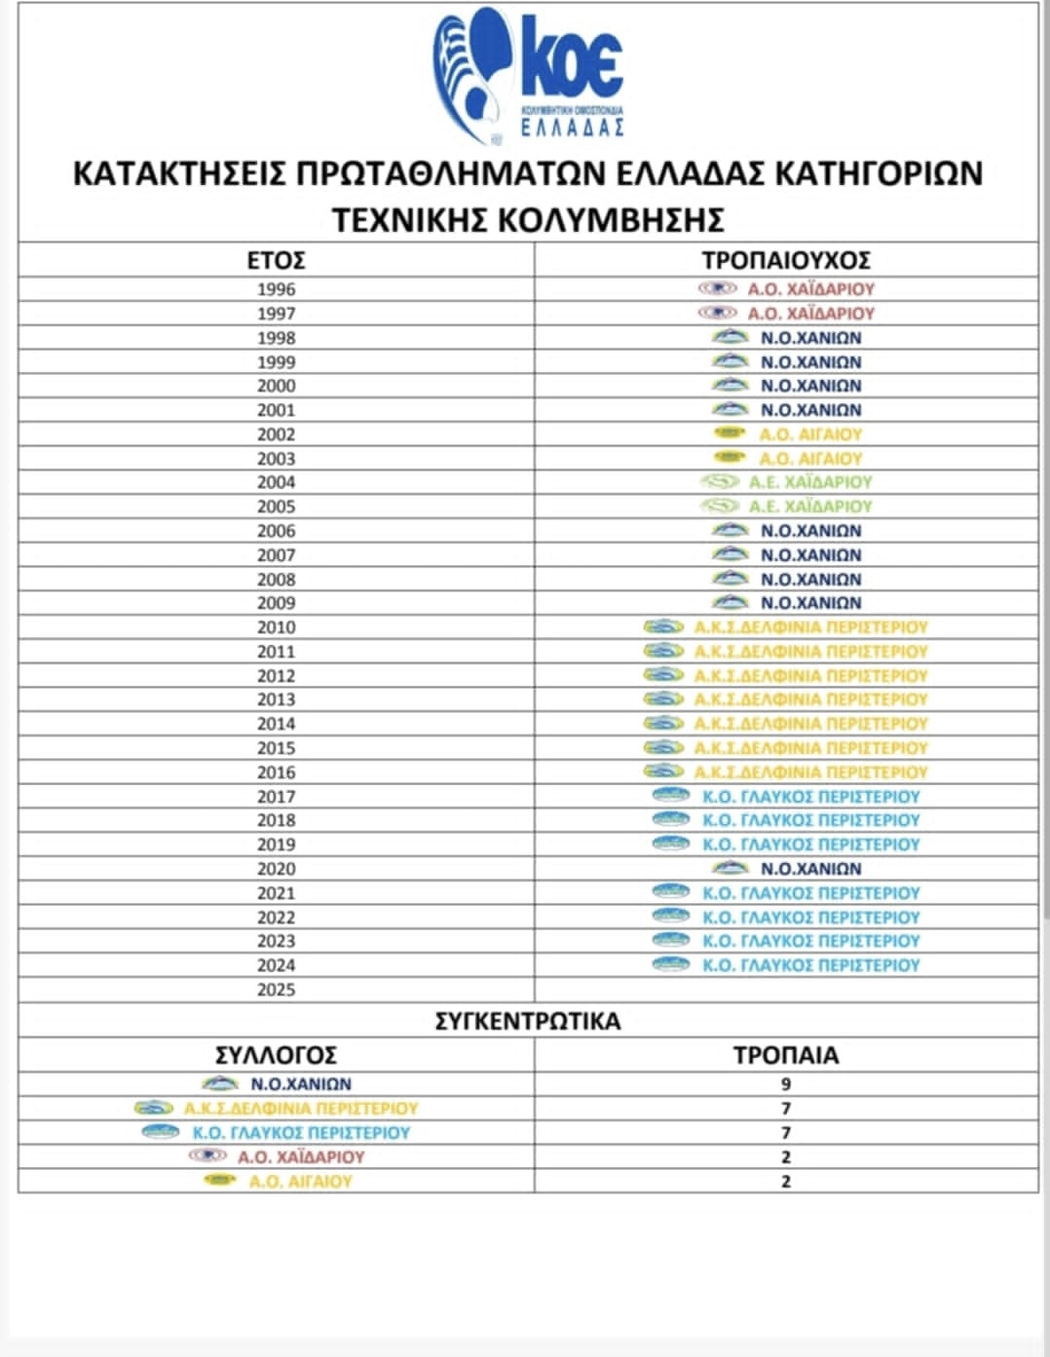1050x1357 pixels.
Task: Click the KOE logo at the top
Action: tap(529, 74)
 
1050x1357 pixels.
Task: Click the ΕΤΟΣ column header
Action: tap(276, 260)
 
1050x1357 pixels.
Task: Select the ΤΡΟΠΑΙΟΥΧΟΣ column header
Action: tap(786, 260)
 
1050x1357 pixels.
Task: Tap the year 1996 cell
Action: tap(276, 289)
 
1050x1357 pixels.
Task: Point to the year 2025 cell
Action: tap(276, 990)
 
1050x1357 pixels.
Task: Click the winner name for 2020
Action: tap(810, 869)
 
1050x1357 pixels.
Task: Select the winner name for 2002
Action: tap(810, 434)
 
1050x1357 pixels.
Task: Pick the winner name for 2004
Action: tap(810, 482)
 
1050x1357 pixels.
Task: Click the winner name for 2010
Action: tap(810, 627)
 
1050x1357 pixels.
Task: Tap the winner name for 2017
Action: tap(810, 796)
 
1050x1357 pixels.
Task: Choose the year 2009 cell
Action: tap(276, 603)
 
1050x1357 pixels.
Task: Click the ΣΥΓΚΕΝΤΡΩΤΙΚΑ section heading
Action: tap(527, 1021)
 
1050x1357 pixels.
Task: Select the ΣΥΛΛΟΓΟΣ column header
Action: tap(276, 1055)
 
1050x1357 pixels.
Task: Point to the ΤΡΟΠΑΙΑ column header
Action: tap(786, 1055)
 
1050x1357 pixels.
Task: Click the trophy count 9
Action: tap(786, 1084)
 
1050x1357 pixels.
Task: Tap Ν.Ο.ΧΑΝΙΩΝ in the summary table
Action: tap(301, 1084)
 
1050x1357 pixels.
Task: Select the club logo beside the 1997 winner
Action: tap(718, 313)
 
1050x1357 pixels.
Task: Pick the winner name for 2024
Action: tap(810, 965)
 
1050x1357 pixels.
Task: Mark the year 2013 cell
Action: tap(276, 699)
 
